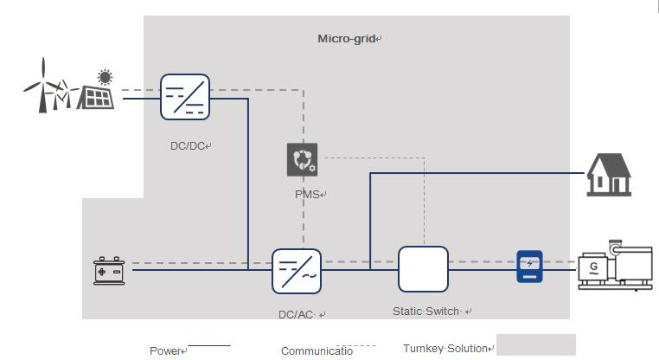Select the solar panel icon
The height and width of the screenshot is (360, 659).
[95, 97]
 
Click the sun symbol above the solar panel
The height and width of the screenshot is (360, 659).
[106, 76]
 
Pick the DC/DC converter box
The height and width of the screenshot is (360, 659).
[185, 97]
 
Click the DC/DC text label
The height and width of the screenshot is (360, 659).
[189, 145]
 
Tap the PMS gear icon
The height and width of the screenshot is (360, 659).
[302, 160]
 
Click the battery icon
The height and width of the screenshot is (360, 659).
[112, 271]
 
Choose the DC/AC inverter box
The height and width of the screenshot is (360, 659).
[297, 271]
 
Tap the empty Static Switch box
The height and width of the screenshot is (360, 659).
[423, 269]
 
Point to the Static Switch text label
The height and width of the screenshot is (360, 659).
[427, 311]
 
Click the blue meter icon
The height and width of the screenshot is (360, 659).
[529, 266]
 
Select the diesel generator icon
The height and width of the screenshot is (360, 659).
[614, 266]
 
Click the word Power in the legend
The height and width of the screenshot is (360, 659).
[165, 350]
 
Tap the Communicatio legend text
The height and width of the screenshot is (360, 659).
[317, 350]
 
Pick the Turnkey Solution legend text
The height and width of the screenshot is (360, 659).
[447, 348]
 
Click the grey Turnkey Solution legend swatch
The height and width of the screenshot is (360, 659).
[535, 345]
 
